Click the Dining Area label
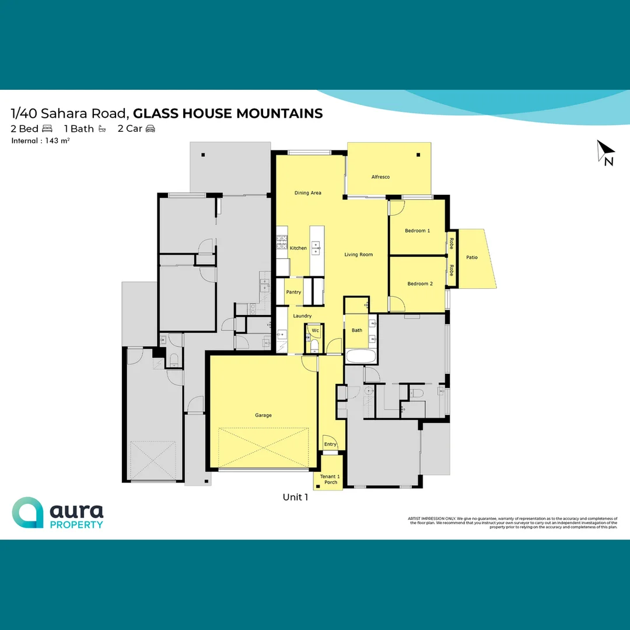click(307, 193)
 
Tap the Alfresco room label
click(380, 177)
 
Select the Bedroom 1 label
click(417, 231)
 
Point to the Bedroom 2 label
click(420, 284)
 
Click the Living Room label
click(358, 254)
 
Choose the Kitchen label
click(298, 248)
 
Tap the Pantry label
click(293, 292)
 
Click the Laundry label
click(302, 316)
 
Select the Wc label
click(315, 330)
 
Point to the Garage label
click(263, 415)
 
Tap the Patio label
click(471, 257)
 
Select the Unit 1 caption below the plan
click(295, 498)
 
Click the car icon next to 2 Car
click(150, 129)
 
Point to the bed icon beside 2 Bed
click(47, 129)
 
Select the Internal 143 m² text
click(40, 141)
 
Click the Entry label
click(330, 444)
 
